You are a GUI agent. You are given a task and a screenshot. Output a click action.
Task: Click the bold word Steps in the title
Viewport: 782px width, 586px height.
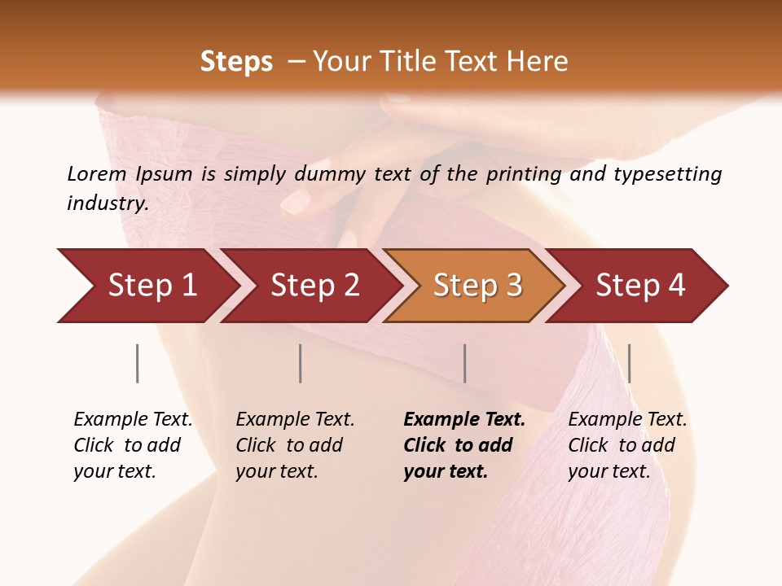[236, 62]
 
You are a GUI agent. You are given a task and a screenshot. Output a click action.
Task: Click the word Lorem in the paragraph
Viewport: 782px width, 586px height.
[97, 174]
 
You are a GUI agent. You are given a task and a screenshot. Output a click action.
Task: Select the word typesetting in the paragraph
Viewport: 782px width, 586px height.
[667, 174]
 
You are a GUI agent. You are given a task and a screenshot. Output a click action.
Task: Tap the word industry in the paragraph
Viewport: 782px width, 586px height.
[108, 203]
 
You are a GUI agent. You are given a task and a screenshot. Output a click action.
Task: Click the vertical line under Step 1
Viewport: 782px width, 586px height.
[137, 363]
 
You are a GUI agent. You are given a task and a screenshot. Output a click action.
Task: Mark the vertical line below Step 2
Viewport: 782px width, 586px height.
[301, 363]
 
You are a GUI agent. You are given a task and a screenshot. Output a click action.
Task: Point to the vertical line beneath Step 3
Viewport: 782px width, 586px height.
[464, 363]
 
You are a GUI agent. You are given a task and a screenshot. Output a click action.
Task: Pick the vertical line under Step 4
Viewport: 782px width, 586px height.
[629, 363]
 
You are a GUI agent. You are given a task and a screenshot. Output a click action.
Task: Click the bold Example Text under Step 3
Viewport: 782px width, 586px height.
[464, 420]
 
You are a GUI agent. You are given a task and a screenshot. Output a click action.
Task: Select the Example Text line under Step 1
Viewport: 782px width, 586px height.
[133, 420]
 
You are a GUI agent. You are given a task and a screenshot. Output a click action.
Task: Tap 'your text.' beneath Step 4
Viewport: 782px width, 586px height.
[608, 471]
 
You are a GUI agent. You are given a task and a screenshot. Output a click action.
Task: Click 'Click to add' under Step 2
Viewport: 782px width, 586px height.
[289, 445]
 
